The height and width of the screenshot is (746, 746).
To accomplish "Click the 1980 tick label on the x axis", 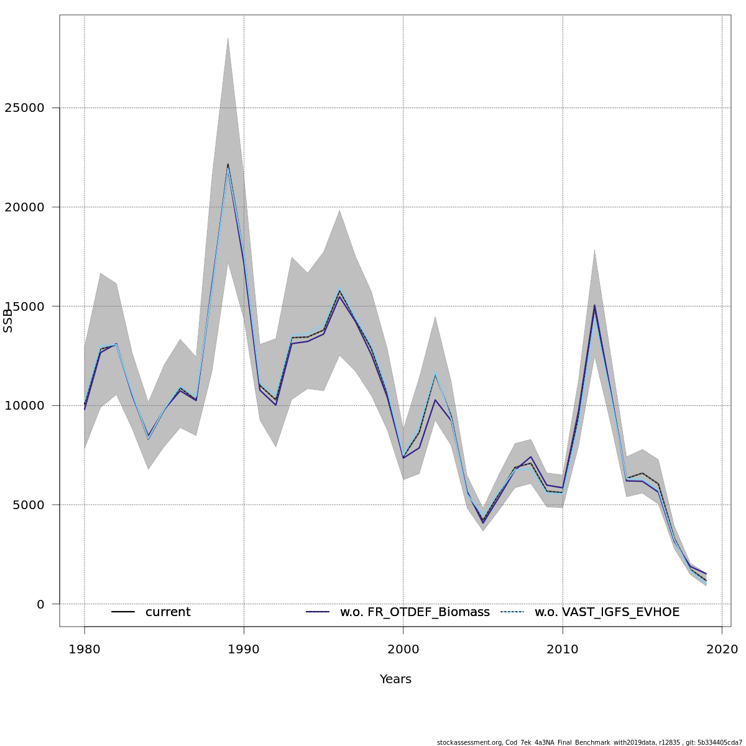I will point(85,650).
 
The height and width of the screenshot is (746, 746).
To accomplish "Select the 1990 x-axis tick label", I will point(244,650).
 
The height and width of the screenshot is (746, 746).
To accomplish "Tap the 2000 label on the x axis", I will point(403,650).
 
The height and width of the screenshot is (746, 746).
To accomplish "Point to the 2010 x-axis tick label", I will point(563,650).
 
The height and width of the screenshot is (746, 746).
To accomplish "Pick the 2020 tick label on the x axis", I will point(722,650).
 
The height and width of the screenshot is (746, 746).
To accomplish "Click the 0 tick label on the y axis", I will point(40,604).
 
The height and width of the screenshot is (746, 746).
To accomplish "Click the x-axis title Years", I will point(395,679).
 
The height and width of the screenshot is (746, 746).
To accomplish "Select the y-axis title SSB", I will point(8,321).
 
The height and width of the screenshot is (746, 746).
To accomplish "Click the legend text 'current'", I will point(168,612).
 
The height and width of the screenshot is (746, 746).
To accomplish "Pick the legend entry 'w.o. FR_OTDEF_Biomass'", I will point(415,612).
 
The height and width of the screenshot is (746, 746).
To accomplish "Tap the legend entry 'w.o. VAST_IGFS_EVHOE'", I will point(607,612).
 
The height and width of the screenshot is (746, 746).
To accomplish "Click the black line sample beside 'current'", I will point(123,612).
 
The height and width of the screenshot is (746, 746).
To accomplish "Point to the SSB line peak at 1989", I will point(228,165).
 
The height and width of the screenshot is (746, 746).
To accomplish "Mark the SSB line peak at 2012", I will point(594,305).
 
